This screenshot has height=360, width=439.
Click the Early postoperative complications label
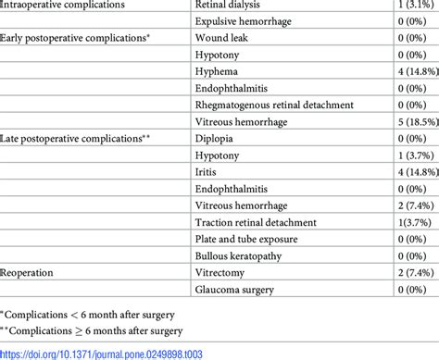(77, 38)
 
